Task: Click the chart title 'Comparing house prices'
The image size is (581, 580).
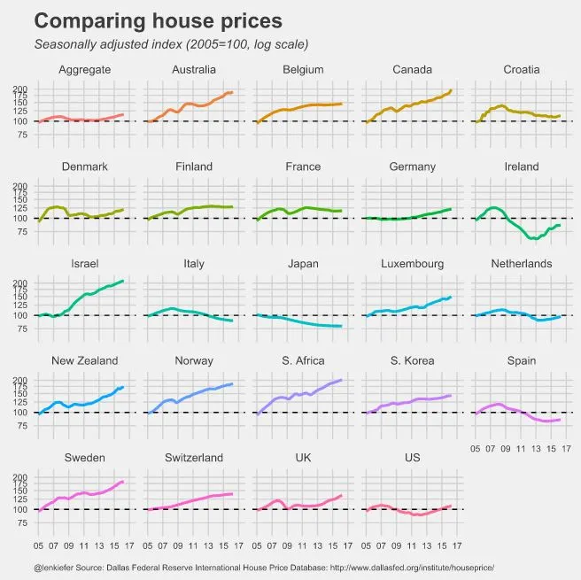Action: [158, 21]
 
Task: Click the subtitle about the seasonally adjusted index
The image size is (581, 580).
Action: [170, 44]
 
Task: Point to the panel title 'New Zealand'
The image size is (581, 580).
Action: [85, 361]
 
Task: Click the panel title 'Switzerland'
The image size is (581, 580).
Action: [194, 458]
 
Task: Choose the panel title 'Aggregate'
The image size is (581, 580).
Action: [85, 70]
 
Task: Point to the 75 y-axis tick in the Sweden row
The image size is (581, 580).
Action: [22, 524]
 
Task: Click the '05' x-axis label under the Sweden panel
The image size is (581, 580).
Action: [38, 545]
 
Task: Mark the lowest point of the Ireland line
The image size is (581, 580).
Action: [534, 239]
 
